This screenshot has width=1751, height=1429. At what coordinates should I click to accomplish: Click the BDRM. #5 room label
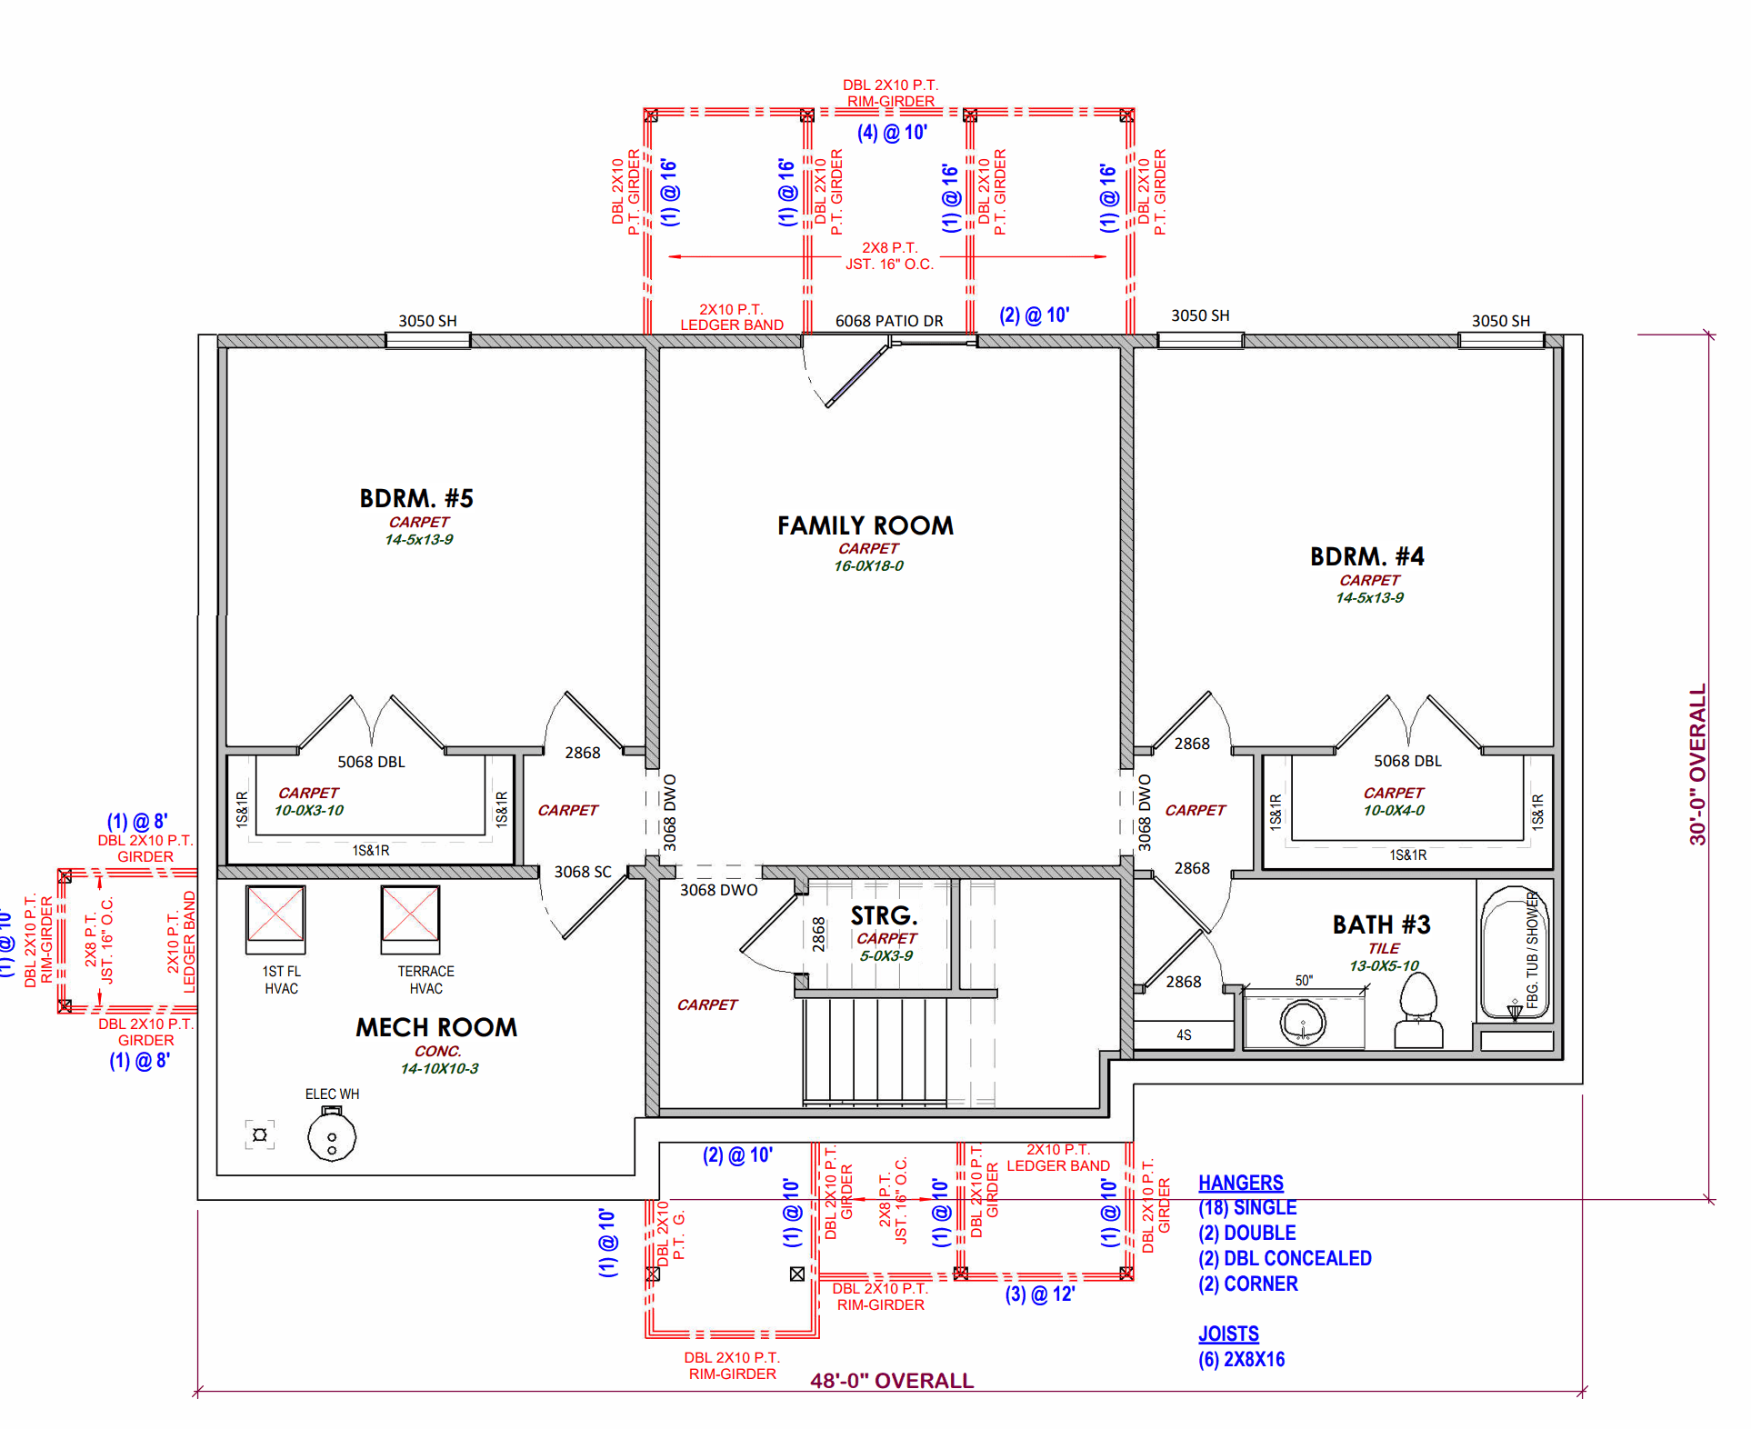[416, 498]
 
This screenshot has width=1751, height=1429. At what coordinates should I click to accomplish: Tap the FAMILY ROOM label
[865, 525]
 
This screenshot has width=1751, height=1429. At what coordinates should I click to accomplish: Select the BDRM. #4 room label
[1367, 556]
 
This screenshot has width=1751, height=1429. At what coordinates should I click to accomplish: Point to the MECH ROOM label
[436, 1027]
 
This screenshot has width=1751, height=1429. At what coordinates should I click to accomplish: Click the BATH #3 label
[1382, 924]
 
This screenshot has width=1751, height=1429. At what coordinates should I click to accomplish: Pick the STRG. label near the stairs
[885, 915]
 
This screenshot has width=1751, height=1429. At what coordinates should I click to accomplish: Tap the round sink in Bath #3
[1303, 1022]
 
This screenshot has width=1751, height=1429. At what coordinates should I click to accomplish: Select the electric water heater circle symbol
[332, 1136]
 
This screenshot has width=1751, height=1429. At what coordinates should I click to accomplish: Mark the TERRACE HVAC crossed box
[410, 914]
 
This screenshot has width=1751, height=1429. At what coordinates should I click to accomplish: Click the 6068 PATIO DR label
[889, 321]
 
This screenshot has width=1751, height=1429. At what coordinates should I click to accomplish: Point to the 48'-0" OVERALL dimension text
[892, 1381]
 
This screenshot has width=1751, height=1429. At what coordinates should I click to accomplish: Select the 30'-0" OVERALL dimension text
[1697, 764]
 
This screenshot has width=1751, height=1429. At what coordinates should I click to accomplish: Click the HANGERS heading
[1241, 1183]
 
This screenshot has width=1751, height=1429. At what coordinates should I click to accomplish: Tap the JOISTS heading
[1228, 1334]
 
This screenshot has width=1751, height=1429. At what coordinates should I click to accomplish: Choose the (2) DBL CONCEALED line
[1285, 1258]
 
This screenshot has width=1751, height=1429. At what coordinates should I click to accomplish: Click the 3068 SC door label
[583, 872]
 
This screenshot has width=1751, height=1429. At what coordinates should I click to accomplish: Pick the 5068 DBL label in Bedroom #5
[371, 762]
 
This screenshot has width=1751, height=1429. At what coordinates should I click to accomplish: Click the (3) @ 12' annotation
[1040, 1294]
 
